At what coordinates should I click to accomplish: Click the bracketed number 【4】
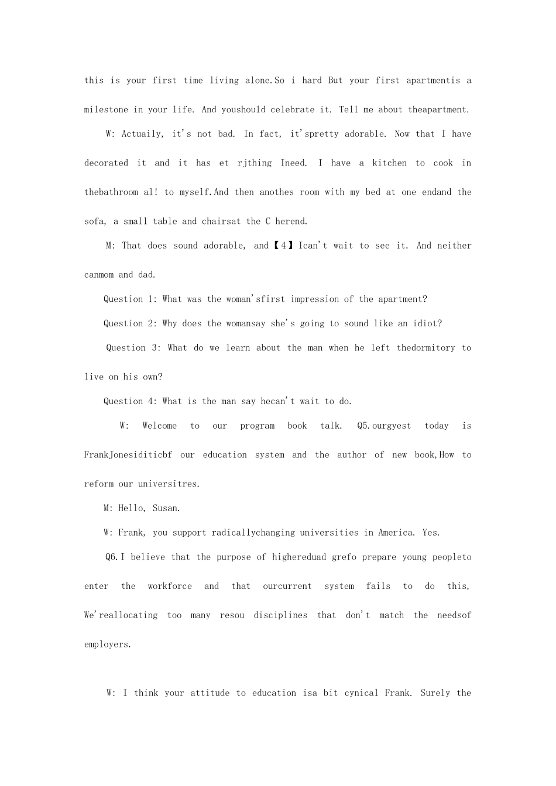tap(283, 246)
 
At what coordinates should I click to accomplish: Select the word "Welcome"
tap(159, 426)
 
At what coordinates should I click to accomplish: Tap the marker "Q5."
tap(364, 426)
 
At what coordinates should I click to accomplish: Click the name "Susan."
tap(166, 509)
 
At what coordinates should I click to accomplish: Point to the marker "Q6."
tap(112, 557)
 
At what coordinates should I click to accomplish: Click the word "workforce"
tap(170, 586)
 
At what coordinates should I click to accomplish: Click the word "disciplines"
tap(280, 615)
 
